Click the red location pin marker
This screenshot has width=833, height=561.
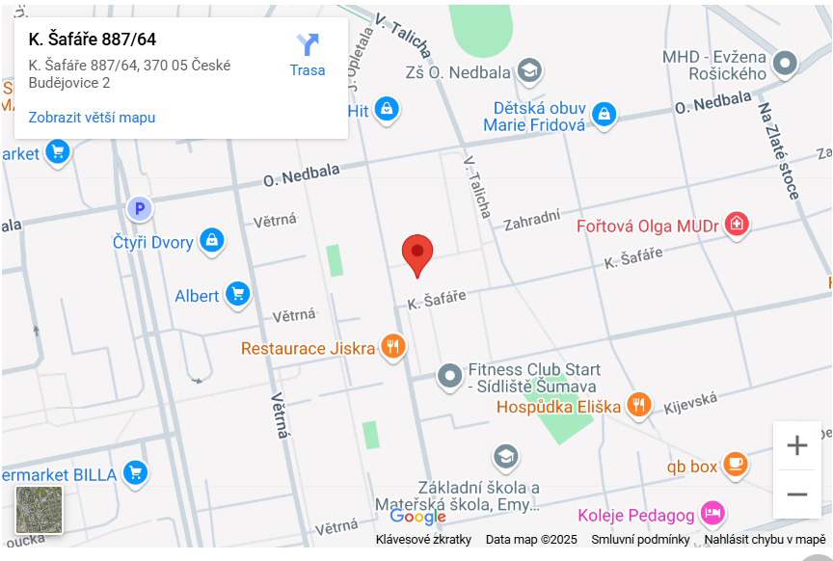(x=417, y=254)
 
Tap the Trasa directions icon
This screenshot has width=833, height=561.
(x=308, y=45)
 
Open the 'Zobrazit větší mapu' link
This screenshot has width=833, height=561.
(x=92, y=118)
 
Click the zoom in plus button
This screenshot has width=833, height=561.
(x=797, y=445)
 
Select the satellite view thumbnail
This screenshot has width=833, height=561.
(x=40, y=510)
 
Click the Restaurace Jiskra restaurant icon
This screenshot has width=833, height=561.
(x=391, y=347)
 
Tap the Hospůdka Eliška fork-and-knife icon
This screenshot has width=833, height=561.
(x=638, y=406)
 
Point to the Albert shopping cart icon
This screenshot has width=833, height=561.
(x=238, y=295)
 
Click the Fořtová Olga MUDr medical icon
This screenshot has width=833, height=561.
(x=737, y=226)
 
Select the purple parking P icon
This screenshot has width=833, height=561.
(x=140, y=208)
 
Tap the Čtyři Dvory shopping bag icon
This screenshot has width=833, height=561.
(x=212, y=241)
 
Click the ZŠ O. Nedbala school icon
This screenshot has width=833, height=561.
(x=528, y=69)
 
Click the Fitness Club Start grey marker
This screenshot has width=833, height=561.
(x=450, y=375)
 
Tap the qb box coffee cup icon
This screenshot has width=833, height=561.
(x=736, y=465)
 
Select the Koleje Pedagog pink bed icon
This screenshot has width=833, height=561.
(x=712, y=512)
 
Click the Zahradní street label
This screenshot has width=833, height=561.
(x=531, y=220)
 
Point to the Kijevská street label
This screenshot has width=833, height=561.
(x=690, y=403)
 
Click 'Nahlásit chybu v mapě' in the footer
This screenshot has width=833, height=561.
(x=765, y=540)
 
